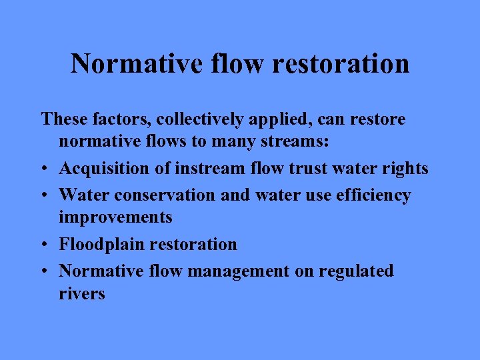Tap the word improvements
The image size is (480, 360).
(115, 217)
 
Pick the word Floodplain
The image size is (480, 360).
(102, 245)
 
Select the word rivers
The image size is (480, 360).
(82, 293)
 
